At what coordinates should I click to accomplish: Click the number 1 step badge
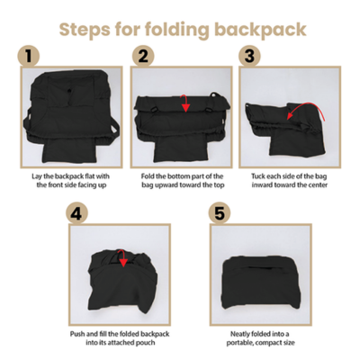pos(30,57)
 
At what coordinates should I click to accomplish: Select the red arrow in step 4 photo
pos(121,261)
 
